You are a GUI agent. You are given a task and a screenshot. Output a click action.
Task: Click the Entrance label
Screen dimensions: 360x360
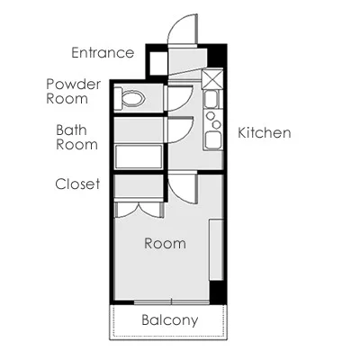[x=103, y=53]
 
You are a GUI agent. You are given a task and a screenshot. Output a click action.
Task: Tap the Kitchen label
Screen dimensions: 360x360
[x=265, y=133]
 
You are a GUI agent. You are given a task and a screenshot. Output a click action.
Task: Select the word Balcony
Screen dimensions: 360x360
[x=170, y=320]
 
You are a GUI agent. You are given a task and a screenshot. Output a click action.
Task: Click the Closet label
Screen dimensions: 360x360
[x=77, y=184]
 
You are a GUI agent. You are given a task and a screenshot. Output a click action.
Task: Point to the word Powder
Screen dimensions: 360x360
[x=73, y=85]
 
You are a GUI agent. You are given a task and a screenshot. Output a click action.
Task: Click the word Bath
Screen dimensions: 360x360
[x=71, y=130]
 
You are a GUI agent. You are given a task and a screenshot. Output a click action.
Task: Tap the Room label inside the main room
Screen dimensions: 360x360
[x=165, y=244]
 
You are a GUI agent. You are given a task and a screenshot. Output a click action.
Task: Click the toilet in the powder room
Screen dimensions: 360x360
[x=130, y=98]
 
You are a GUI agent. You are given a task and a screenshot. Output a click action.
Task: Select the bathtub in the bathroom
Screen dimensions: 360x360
[x=139, y=157]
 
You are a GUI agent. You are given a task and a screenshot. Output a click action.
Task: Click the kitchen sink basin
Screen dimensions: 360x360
[x=211, y=100]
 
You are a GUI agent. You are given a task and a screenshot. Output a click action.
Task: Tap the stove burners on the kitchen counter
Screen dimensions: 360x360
[x=213, y=120]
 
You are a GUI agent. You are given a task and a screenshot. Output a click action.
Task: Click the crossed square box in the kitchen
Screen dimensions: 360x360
[x=212, y=78]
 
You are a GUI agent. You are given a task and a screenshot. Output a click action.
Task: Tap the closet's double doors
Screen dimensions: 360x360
[x=139, y=210]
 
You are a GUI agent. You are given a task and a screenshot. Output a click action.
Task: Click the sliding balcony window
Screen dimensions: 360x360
[x=171, y=302]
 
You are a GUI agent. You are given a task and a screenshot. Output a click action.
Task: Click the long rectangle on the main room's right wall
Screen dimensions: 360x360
[x=216, y=250]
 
